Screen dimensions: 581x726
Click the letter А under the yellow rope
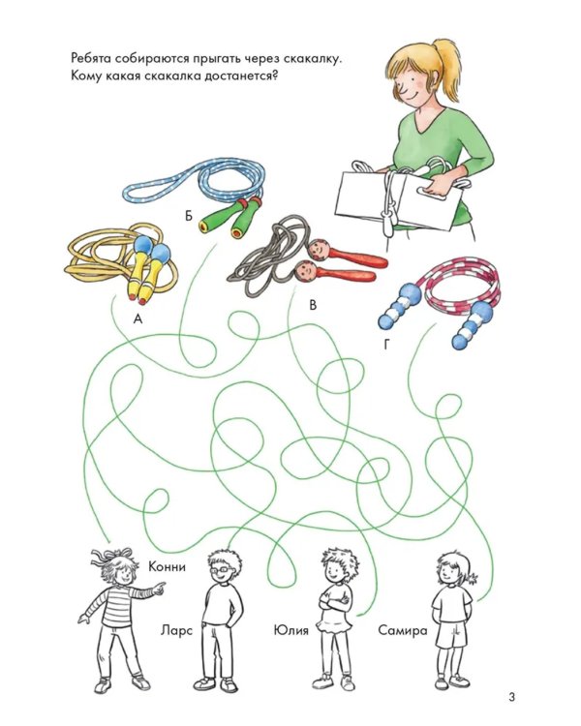click(x=138, y=318)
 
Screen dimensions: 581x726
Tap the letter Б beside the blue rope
click(x=189, y=216)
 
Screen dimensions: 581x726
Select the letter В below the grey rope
click(x=313, y=305)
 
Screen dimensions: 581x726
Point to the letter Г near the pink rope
click(x=386, y=345)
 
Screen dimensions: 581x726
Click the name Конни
click(x=167, y=566)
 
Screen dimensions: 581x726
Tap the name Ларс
click(x=176, y=630)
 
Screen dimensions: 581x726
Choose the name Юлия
click(x=290, y=630)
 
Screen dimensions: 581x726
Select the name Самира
click(x=402, y=630)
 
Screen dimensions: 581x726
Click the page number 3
click(x=511, y=697)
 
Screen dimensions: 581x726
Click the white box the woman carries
click(x=398, y=200)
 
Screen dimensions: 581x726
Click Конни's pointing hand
click(x=159, y=589)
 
